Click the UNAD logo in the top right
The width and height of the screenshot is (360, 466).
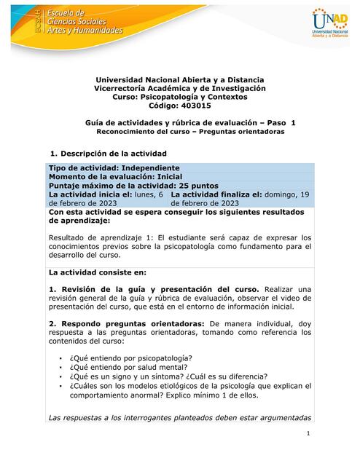tap(327, 25)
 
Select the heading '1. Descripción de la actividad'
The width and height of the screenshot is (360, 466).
tap(109, 154)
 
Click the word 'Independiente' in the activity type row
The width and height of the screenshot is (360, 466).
tap(157, 168)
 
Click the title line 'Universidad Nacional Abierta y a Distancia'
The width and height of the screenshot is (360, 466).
tap(180, 79)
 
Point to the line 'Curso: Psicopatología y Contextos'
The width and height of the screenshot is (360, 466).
tap(180, 97)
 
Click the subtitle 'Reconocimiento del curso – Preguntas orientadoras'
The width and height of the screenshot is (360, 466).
tap(180, 133)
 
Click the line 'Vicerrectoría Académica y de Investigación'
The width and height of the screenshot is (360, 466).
tap(180, 88)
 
